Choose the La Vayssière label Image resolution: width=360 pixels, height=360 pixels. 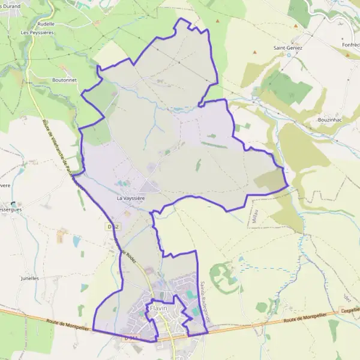[x=131, y=197]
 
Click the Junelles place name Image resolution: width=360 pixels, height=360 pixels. [x=29, y=278]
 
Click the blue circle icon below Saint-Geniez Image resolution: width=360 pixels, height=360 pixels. [x=289, y=55]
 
